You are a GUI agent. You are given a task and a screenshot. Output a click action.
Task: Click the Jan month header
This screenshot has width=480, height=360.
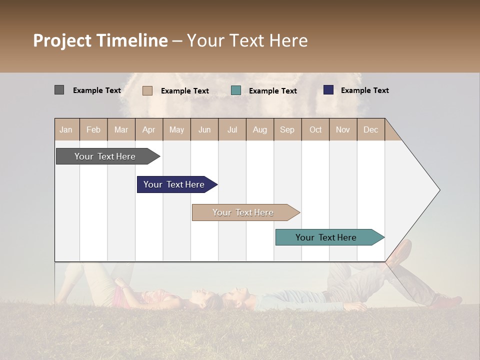tap(66, 129)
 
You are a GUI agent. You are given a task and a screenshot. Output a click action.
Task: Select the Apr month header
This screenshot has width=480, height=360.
tap(148, 129)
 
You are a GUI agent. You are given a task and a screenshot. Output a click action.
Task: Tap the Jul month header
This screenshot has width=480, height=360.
tap(232, 129)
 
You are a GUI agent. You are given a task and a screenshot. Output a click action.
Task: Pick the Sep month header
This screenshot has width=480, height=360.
tap(287, 129)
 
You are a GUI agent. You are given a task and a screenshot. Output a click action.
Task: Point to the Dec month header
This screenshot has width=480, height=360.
tap(370, 129)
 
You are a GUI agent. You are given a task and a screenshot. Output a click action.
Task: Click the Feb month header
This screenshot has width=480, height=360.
tap(93, 129)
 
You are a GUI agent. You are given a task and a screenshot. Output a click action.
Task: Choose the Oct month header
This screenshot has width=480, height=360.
tap(315, 129)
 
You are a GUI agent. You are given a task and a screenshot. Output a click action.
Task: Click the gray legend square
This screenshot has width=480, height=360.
tap(59, 90)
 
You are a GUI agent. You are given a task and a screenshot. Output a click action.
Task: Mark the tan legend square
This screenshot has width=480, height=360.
tap(147, 90)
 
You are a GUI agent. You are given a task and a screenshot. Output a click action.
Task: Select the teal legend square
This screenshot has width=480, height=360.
tap(236, 90)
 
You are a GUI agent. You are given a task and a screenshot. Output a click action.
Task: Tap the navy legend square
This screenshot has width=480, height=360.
tap(328, 90)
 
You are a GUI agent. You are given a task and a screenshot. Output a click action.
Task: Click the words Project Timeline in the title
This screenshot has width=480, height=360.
tap(100, 40)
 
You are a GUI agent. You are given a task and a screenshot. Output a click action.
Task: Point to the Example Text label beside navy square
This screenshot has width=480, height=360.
tap(364, 90)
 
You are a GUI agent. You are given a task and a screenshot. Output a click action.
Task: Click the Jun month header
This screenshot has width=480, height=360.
tap(204, 129)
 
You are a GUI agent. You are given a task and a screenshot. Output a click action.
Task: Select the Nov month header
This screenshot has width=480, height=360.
tap(342, 129)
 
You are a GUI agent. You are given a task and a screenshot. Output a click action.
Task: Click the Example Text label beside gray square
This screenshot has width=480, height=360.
tap(97, 90)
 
